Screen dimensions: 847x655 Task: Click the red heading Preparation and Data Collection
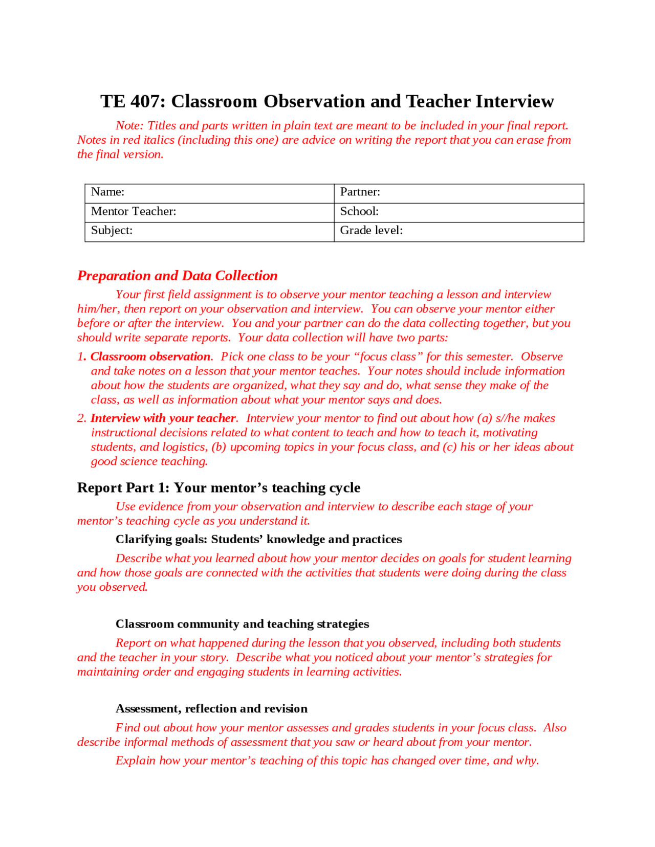click(x=177, y=276)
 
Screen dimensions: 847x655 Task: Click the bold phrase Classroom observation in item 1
click(x=150, y=356)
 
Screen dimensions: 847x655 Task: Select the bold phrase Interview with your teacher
click(x=163, y=418)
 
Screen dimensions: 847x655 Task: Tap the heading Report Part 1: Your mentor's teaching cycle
click(x=219, y=487)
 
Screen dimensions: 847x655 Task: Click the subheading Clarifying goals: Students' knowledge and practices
click(x=258, y=539)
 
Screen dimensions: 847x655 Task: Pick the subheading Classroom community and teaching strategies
click(x=242, y=624)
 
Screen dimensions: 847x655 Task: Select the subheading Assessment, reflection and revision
click(x=211, y=708)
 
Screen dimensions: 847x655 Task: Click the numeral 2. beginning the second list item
click(x=82, y=418)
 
